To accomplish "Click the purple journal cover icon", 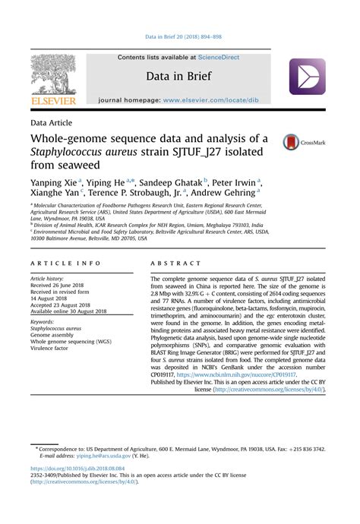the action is click(307, 77).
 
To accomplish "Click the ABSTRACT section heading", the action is click(175, 263).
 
